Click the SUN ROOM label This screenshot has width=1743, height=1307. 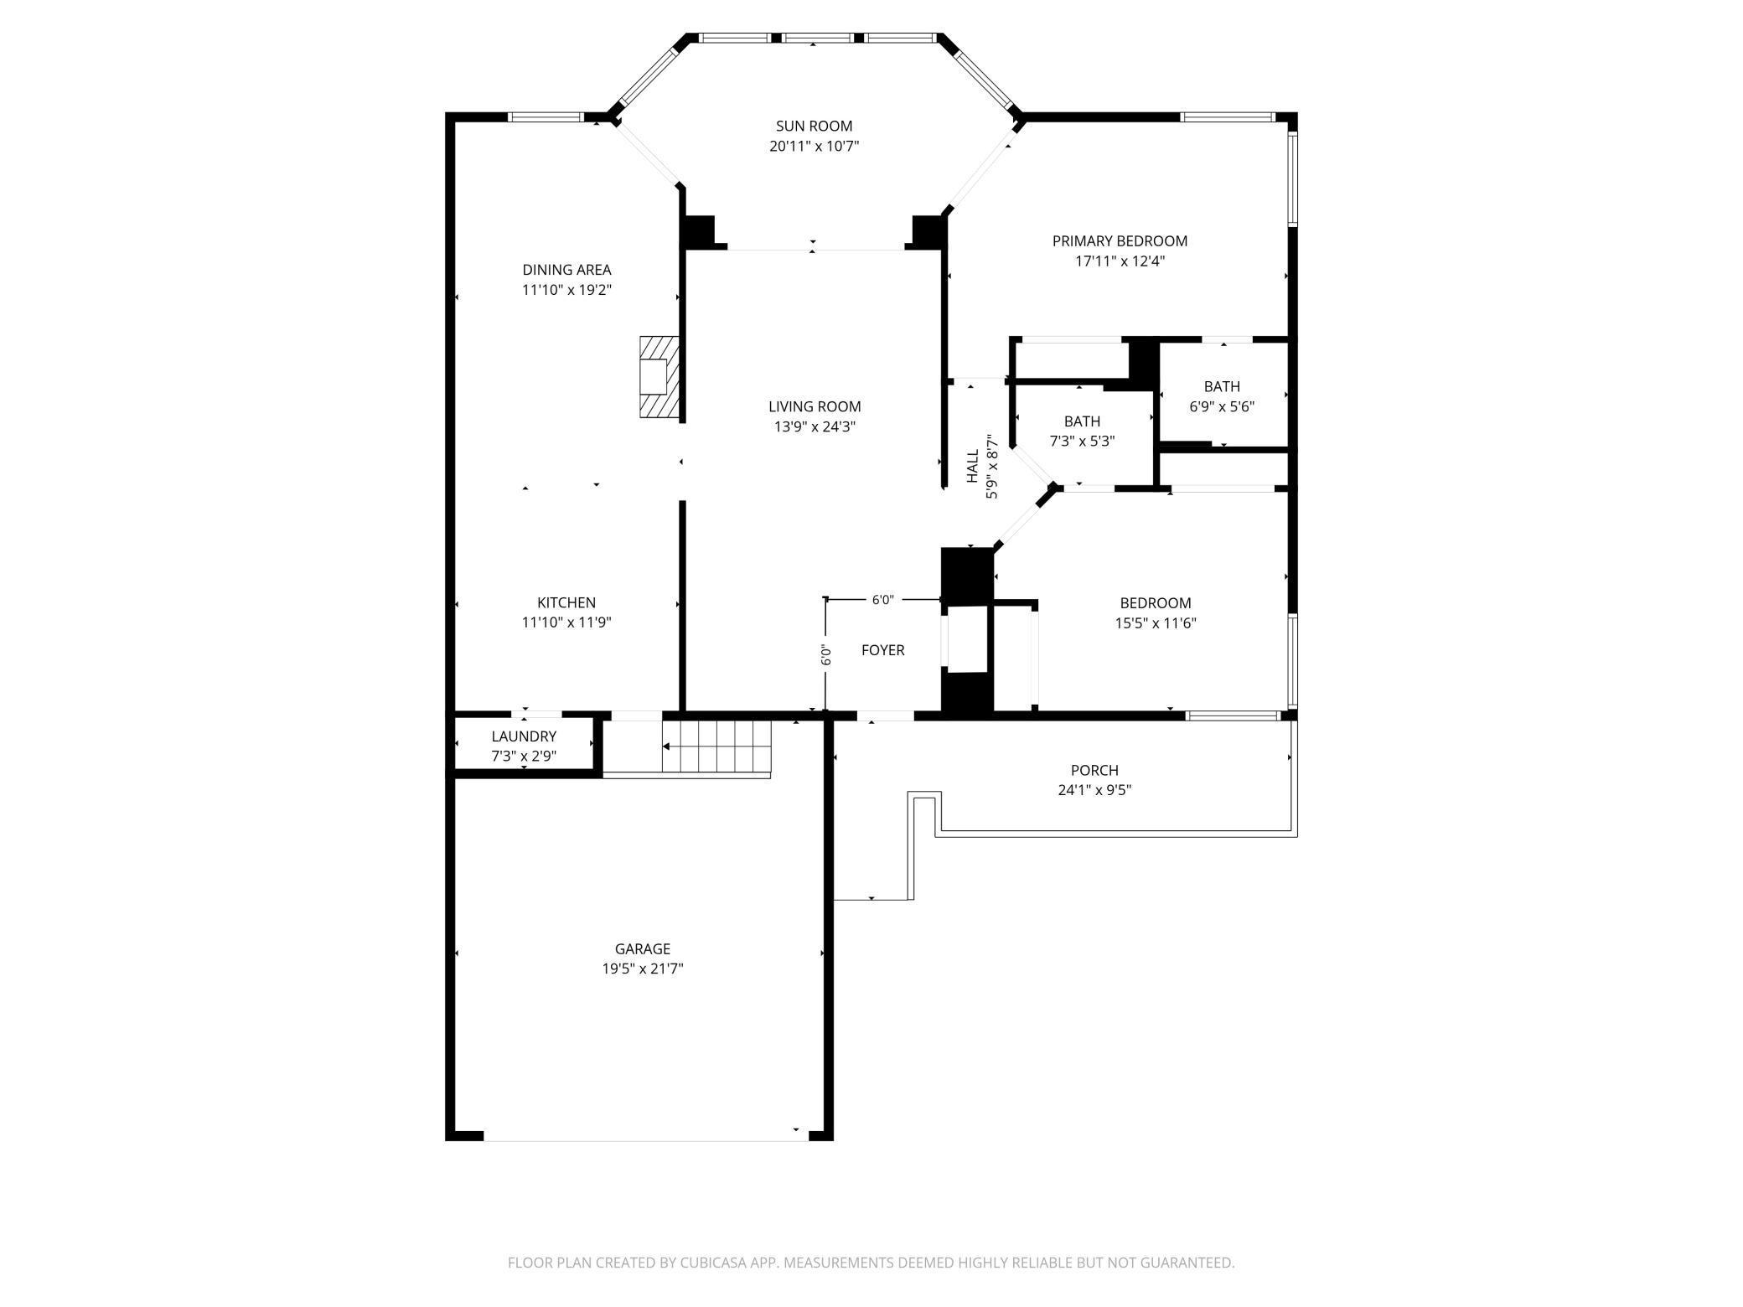pyautogui.click(x=814, y=127)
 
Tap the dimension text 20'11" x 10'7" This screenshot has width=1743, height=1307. pyautogui.click(x=814, y=147)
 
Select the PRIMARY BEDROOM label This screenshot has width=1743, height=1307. pyautogui.click(x=1120, y=241)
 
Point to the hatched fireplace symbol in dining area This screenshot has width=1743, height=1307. pyautogui.click(x=659, y=376)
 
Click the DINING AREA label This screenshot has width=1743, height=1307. pyautogui.click(x=566, y=270)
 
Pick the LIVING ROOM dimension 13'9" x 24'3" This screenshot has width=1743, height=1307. pyautogui.click(x=814, y=426)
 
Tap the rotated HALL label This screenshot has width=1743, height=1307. pyautogui.click(x=973, y=466)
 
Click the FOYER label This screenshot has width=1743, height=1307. pyautogui.click(x=882, y=650)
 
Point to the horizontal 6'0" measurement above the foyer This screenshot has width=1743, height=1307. pyautogui.click(x=882, y=600)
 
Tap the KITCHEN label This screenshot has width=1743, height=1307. pyautogui.click(x=566, y=602)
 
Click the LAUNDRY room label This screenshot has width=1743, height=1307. pyautogui.click(x=524, y=736)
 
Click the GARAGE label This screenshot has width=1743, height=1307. pyautogui.click(x=643, y=949)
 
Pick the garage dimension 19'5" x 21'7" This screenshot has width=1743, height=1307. pyautogui.click(x=643, y=969)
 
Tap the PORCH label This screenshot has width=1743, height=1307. pyautogui.click(x=1094, y=770)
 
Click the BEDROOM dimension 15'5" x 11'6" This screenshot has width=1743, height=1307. pyautogui.click(x=1156, y=623)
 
